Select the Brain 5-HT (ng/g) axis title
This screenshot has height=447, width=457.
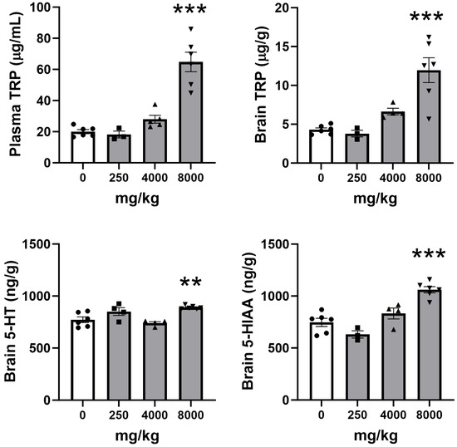[16, 321]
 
